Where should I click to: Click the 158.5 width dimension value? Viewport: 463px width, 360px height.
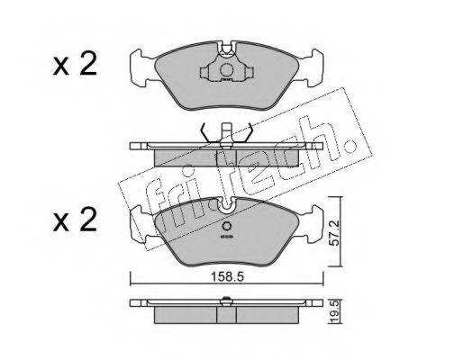tap(227, 277)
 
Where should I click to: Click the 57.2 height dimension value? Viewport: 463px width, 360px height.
tap(333, 232)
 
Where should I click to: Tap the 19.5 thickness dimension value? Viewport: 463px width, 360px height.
tap(333, 312)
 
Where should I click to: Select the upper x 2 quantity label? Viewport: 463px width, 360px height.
tap(75, 63)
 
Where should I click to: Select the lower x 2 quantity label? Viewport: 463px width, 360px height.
tap(75, 220)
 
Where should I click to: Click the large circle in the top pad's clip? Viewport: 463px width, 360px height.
tap(227, 70)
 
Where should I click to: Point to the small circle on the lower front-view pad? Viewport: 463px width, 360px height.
tap(227, 226)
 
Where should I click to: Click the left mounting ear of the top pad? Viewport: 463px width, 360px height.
tap(142, 68)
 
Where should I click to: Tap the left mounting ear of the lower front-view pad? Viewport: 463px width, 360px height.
tap(142, 224)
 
